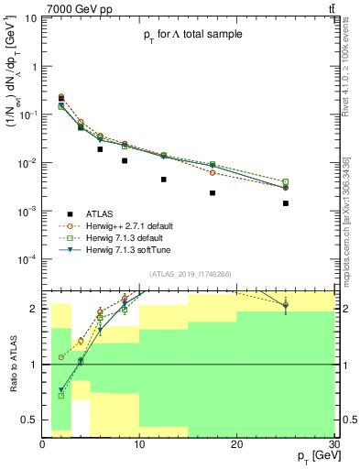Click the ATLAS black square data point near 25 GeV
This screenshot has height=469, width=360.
[x=286, y=203]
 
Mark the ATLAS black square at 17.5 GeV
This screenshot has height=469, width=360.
[x=213, y=193]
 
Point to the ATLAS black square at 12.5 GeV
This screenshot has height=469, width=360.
[x=164, y=180]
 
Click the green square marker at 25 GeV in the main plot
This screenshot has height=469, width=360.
[x=286, y=181]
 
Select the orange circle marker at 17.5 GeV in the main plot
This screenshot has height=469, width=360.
[x=213, y=172]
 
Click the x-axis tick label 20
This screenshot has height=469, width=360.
[x=237, y=443]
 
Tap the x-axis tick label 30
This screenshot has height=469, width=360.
[x=333, y=443]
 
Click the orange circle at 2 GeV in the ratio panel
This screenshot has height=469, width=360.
[x=61, y=357]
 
